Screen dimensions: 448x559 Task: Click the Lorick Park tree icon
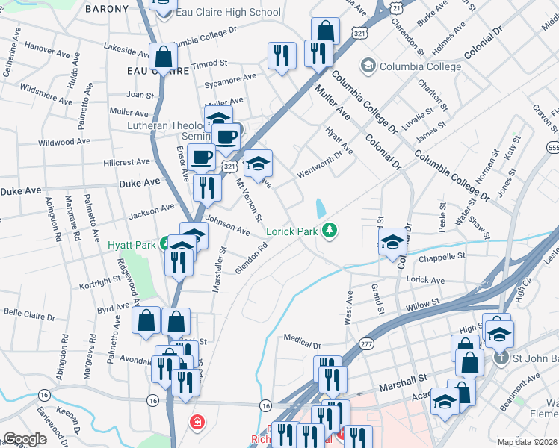click(328, 230)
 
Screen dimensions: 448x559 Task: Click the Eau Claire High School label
click(227, 12)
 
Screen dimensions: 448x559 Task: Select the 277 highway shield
click(365, 344)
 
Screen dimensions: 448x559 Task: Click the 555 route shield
click(553, 149)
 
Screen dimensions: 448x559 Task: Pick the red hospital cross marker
click(197, 423)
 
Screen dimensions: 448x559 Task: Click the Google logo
click(25, 439)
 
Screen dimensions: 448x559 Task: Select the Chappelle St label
click(442, 256)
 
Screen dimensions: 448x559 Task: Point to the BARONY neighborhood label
click(107, 9)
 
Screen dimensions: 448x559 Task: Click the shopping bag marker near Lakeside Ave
click(162, 56)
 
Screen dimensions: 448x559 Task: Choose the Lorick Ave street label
click(425, 281)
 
